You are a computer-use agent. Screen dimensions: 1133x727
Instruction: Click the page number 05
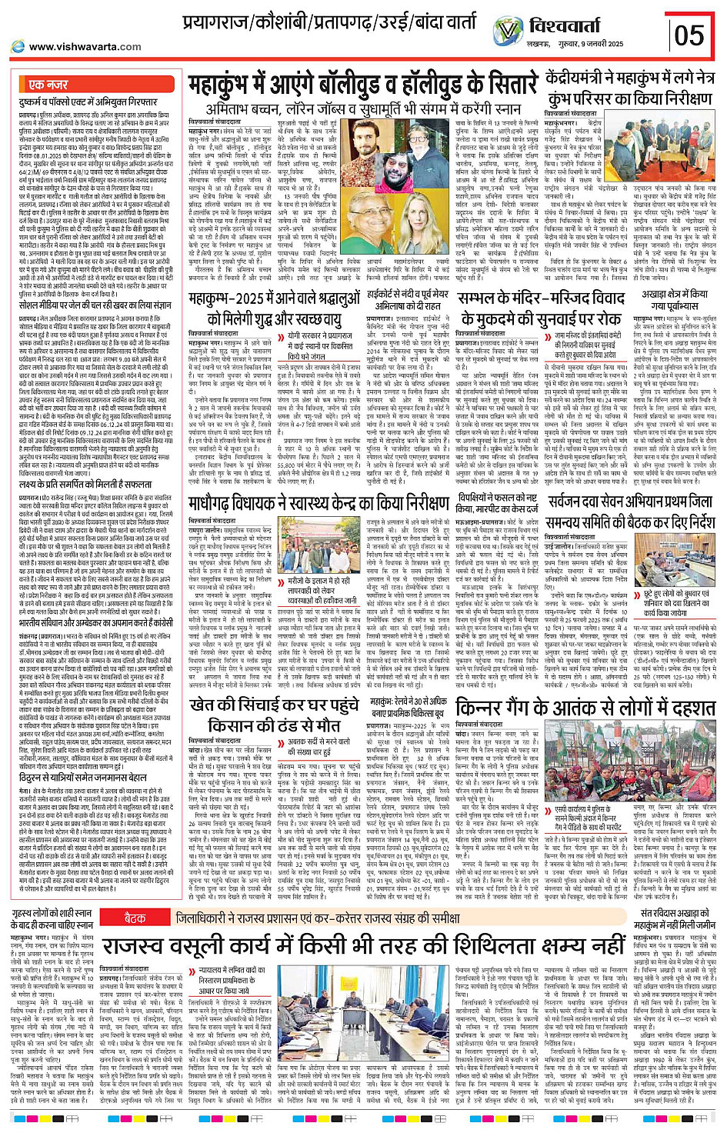tap(689, 35)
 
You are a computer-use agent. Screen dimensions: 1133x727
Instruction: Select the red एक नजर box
tap(48, 84)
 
